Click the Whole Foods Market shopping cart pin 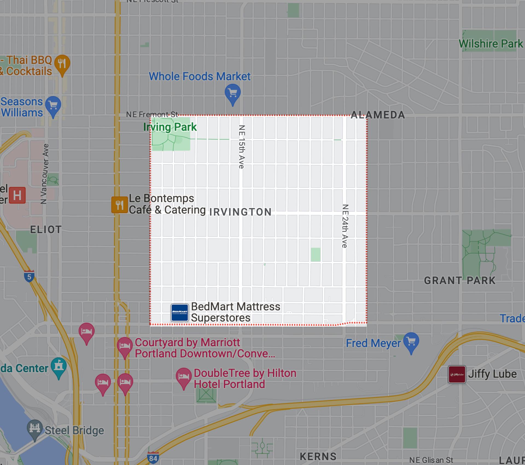(233, 93)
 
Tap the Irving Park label (170, 127)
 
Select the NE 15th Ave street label (241, 147)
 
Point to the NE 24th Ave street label (345, 226)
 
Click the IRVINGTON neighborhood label (240, 212)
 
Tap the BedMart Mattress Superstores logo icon (180, 312)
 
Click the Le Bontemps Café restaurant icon (119, 205)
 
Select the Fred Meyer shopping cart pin (411, 341)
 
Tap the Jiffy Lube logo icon (457, 375)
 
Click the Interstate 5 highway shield (29, 276)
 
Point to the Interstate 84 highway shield (153, 457)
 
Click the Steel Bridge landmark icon (35, 429)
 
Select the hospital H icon (17, 195)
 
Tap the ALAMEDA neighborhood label (378, 115)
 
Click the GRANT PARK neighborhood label (460, 280)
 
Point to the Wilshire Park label (491, 44)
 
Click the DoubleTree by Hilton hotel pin (183, 377)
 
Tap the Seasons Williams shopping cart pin (53, 105)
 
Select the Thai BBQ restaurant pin (62, 64)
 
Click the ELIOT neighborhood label (46, 230)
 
